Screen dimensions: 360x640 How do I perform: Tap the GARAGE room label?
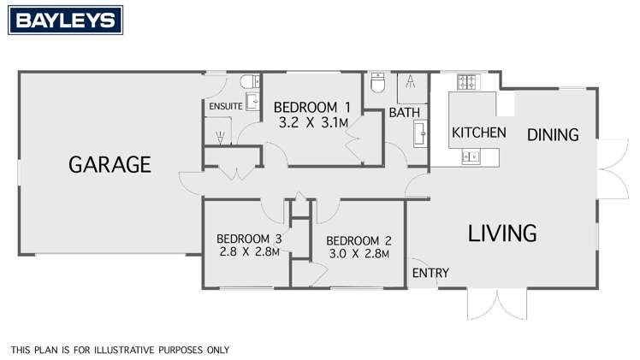click(110, 164)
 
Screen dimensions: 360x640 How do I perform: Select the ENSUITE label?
click(224, 106)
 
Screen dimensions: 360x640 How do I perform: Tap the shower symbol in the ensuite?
click(221, 136)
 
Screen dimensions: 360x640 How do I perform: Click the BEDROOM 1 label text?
click(312, 108)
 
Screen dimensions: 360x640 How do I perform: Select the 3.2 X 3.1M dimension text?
click(312, 122)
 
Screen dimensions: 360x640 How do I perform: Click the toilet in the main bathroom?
click(378, 83)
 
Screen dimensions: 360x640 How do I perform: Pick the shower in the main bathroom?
click(411, 83)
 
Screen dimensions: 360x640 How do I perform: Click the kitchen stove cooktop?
click(467, 83)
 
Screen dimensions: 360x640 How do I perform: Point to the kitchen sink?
click(471, 156)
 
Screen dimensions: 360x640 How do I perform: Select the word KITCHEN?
click(478, 133)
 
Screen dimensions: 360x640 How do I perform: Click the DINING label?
click(553, 134)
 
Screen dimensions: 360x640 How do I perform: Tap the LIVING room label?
click(502, 232)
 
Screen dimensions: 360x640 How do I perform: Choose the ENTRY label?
click(430, 273)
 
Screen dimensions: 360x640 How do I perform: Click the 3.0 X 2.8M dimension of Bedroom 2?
click(358, 253)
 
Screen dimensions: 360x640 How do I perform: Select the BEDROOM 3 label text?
click(249, 239)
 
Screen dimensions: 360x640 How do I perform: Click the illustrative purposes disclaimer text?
click(120, 350)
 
